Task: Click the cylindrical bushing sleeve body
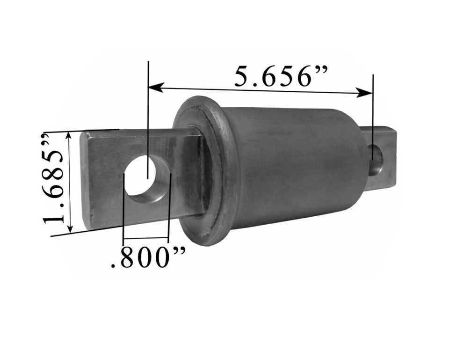295,164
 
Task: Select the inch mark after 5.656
322,70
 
